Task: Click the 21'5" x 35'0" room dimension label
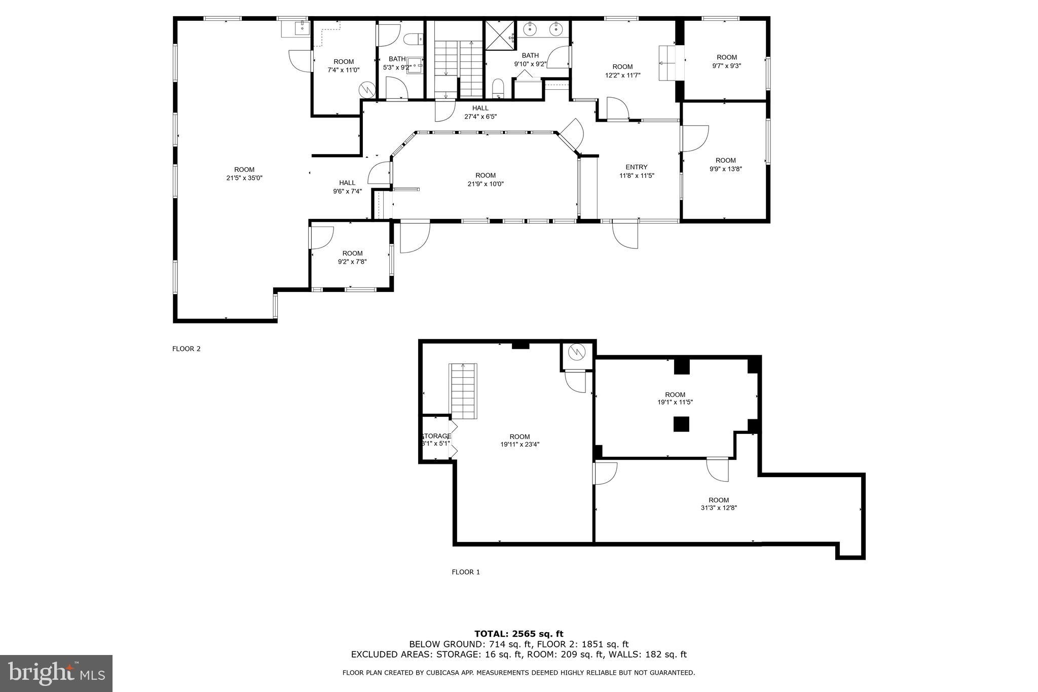point(244,178)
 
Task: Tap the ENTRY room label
point(637,167)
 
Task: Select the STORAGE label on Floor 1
point(436,436)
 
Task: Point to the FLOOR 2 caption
point(187,349)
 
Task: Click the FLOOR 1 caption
point(466,572)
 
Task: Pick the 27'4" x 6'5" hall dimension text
point(480,117)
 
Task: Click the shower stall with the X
point(500,35)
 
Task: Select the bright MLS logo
point(56,673)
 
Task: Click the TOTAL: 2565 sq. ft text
point(519,634)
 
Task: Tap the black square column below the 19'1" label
point(681,424)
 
